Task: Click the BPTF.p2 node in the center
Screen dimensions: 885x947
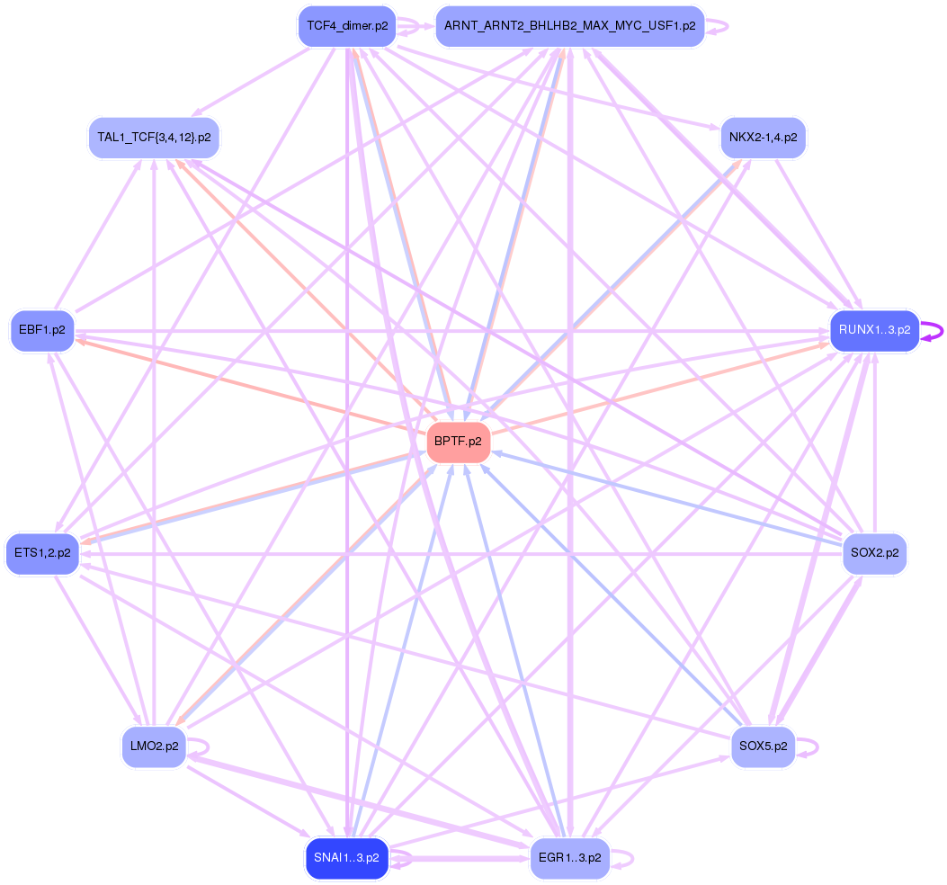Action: click(458, 442)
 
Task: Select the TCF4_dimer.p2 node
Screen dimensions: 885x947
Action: click(347, 26)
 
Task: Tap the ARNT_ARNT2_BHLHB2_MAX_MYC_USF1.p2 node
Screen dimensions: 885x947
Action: click(569, 26)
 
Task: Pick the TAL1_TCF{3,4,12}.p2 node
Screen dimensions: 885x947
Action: click(154, 139)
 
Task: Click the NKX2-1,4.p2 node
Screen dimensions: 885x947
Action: click(764, 139)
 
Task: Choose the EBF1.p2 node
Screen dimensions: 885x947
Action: click(41, 330)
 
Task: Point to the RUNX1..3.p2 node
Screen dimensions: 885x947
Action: click(874, 330)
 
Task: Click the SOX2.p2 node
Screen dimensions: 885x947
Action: click(874, 553)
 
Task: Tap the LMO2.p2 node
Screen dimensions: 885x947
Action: click(154, 746)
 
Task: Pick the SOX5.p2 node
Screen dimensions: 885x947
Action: click(763, 746)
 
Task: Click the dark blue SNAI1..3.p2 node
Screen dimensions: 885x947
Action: click(347, 858)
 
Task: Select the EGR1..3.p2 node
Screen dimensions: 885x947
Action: click(569, 858)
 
